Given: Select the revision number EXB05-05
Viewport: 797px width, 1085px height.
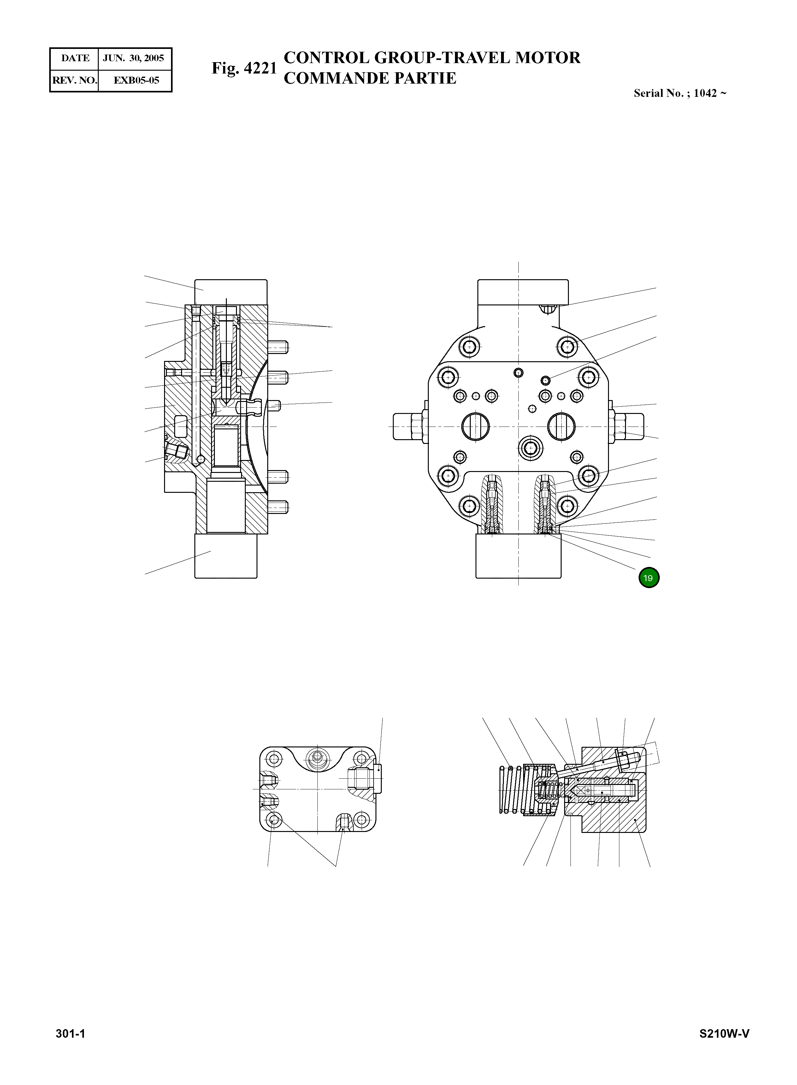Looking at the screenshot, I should coord(136,80).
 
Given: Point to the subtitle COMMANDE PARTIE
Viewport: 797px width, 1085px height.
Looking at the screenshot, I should coord(369,78).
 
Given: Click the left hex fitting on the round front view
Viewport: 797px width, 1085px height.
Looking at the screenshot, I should coord(408,427).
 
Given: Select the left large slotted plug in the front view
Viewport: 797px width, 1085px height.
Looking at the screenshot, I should coord(475,427).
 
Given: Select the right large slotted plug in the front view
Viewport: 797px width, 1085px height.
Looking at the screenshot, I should coord(561,427).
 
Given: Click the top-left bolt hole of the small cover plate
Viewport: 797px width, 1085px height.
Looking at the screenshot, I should coord(275,759).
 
